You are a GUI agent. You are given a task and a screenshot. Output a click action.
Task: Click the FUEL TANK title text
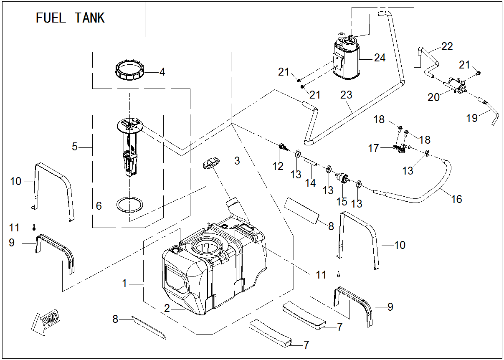70,18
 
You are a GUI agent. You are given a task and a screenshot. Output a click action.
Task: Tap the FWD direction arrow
46,322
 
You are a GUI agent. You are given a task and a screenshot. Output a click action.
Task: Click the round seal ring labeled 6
129,205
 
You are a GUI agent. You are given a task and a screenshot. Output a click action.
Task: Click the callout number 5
75,147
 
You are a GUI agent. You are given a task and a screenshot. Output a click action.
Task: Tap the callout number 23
346,95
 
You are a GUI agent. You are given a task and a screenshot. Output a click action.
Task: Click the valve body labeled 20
456,85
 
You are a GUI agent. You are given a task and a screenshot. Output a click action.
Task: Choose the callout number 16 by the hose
457,199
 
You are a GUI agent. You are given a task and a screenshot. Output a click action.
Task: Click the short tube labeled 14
312,162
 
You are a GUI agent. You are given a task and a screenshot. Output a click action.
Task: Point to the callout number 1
124,283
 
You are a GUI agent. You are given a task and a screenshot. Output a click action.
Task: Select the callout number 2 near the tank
167,309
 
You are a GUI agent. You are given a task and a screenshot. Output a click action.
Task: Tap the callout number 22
447,46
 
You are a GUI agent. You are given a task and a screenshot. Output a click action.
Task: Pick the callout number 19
472,118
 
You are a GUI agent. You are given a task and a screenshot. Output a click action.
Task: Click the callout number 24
380,58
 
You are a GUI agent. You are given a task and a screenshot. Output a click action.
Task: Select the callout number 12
278,167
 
